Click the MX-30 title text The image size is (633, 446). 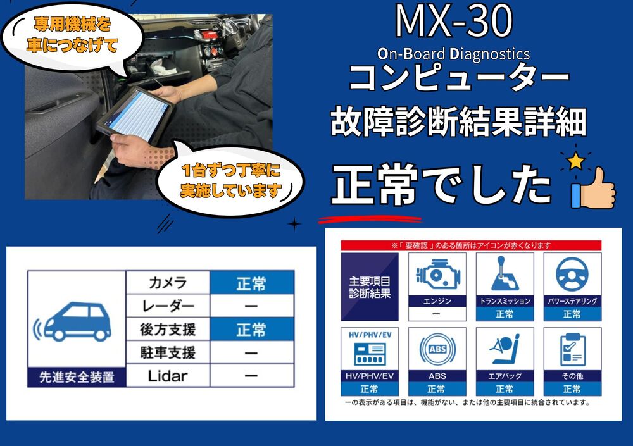pos(454,22)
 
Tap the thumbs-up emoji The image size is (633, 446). pos(594,188)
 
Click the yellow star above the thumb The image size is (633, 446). pos(575,161)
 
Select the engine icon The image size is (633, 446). pos(437,275)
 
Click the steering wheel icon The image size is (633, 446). pos(572,274)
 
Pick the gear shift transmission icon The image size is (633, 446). pos(505,274)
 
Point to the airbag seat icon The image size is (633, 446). pos(505,349)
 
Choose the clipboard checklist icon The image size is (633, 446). pos(572,350)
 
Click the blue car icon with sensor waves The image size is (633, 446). pos(73,321)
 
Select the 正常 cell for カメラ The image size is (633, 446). pos(252,283)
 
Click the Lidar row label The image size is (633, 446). pos(168,376)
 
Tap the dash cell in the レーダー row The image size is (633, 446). pos(251,306)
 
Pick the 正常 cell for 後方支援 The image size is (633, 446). pos(252,329)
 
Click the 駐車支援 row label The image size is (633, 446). pos(168,353)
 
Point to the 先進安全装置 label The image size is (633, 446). pos(77,377)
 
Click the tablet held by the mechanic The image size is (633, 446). pos(135,115)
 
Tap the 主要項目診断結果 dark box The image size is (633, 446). pos(370,287)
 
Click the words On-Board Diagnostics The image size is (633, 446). pos(454,54)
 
